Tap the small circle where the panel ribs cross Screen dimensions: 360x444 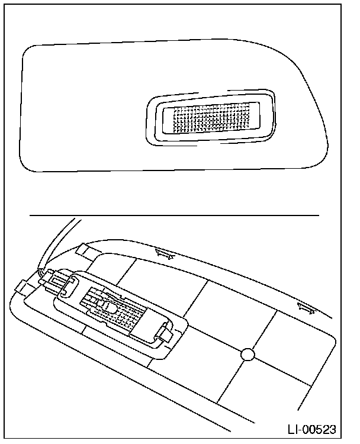pos(248,355)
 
